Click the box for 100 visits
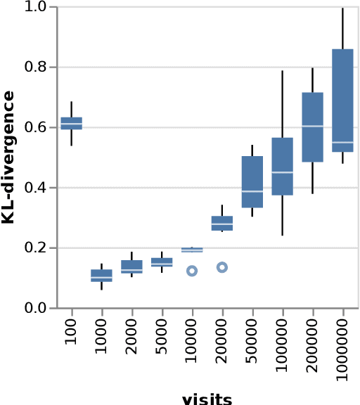click(x=71, y=123)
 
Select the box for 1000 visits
click(x=101, y=276)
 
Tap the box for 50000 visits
click(x=252, y=181)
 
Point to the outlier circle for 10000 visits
click(x=191, y=271)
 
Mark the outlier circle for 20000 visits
click(x=222, y=267)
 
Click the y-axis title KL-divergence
click(x=8, y=157)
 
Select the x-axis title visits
click(x=207, y=399)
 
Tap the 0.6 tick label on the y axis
click(x=41, y=127)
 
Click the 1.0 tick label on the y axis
click(x=41, y=7)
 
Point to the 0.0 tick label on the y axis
click(x=41, y=308)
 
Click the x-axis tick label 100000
click(x=283, y=344)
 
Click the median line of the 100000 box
click(x=283, y=172)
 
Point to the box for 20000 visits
click(x=222, y=223)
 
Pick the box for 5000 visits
click(x=162, y=262)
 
